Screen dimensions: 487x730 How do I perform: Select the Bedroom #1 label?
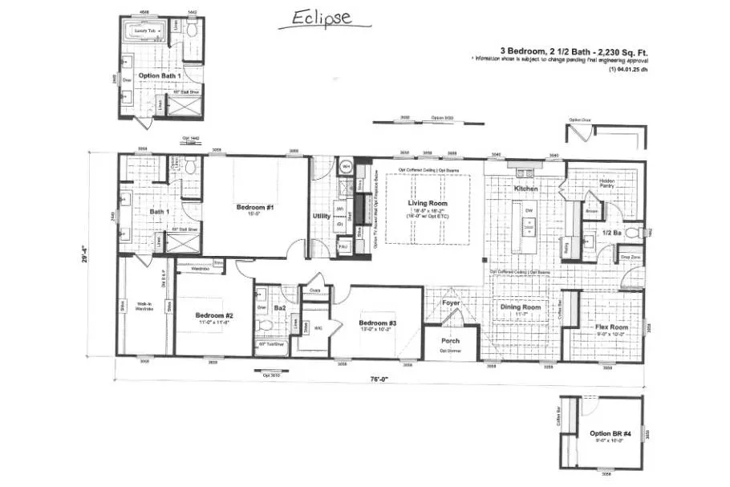point(255,208)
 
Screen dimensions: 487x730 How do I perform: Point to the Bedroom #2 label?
point(214,315)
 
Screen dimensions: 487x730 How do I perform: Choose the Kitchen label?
point(525,189)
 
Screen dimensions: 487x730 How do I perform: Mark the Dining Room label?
point(521,306)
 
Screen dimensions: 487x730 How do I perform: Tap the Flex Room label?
point(611,327)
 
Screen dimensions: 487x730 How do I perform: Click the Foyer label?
point(452,302)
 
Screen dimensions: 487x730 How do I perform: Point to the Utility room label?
point(321,216)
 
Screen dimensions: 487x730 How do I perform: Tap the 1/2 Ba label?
point(613,234)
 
